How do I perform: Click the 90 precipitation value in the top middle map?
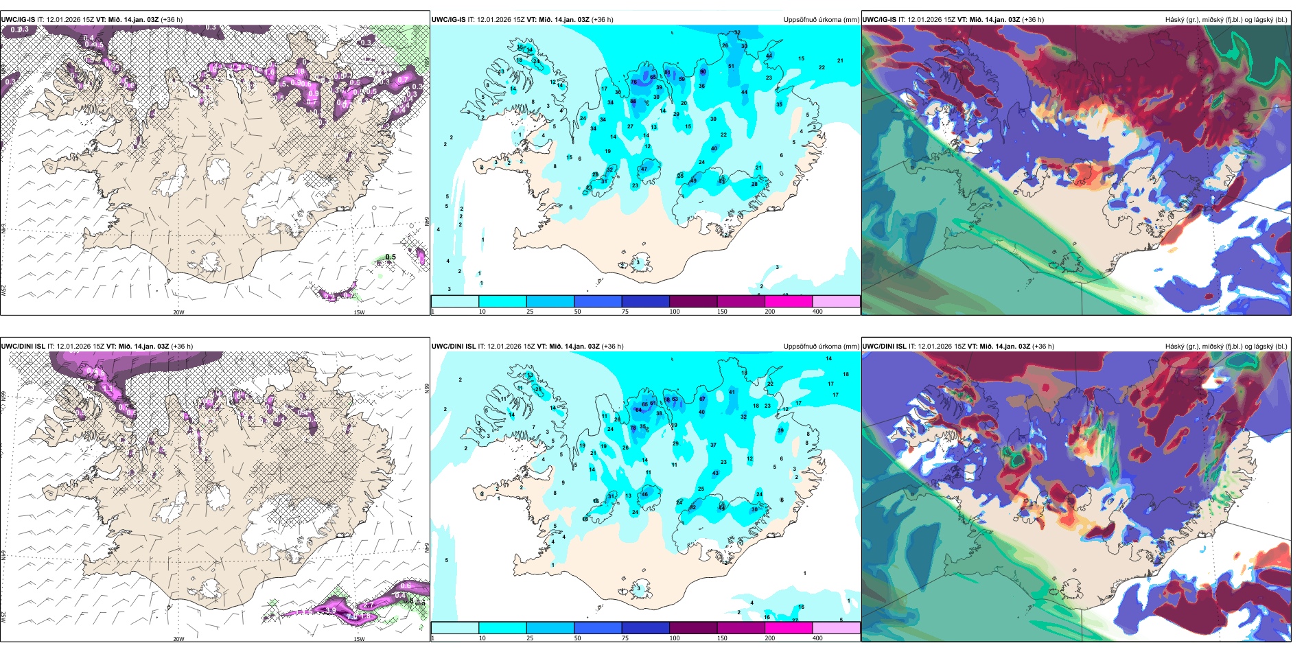[703, 72]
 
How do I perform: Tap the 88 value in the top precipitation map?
[633, 102]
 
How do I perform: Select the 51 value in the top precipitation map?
[731, 67]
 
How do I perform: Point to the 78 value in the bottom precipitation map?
[633, 428]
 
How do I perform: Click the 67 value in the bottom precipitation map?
[702, 399]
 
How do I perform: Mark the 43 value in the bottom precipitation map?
[716, 473]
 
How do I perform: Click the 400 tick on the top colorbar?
[817, 312]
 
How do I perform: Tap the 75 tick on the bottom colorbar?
[625, 638]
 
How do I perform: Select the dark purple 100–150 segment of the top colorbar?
[693, 301]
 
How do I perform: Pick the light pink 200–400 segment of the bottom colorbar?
[836, 628]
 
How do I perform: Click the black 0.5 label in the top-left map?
[391, 257]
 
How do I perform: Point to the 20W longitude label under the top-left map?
[178, 312]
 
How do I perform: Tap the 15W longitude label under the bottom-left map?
[359, 639]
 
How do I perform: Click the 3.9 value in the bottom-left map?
[331, 610]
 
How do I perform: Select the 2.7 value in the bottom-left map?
[369, 605]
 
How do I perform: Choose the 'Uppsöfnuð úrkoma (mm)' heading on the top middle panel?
[821, 20]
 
